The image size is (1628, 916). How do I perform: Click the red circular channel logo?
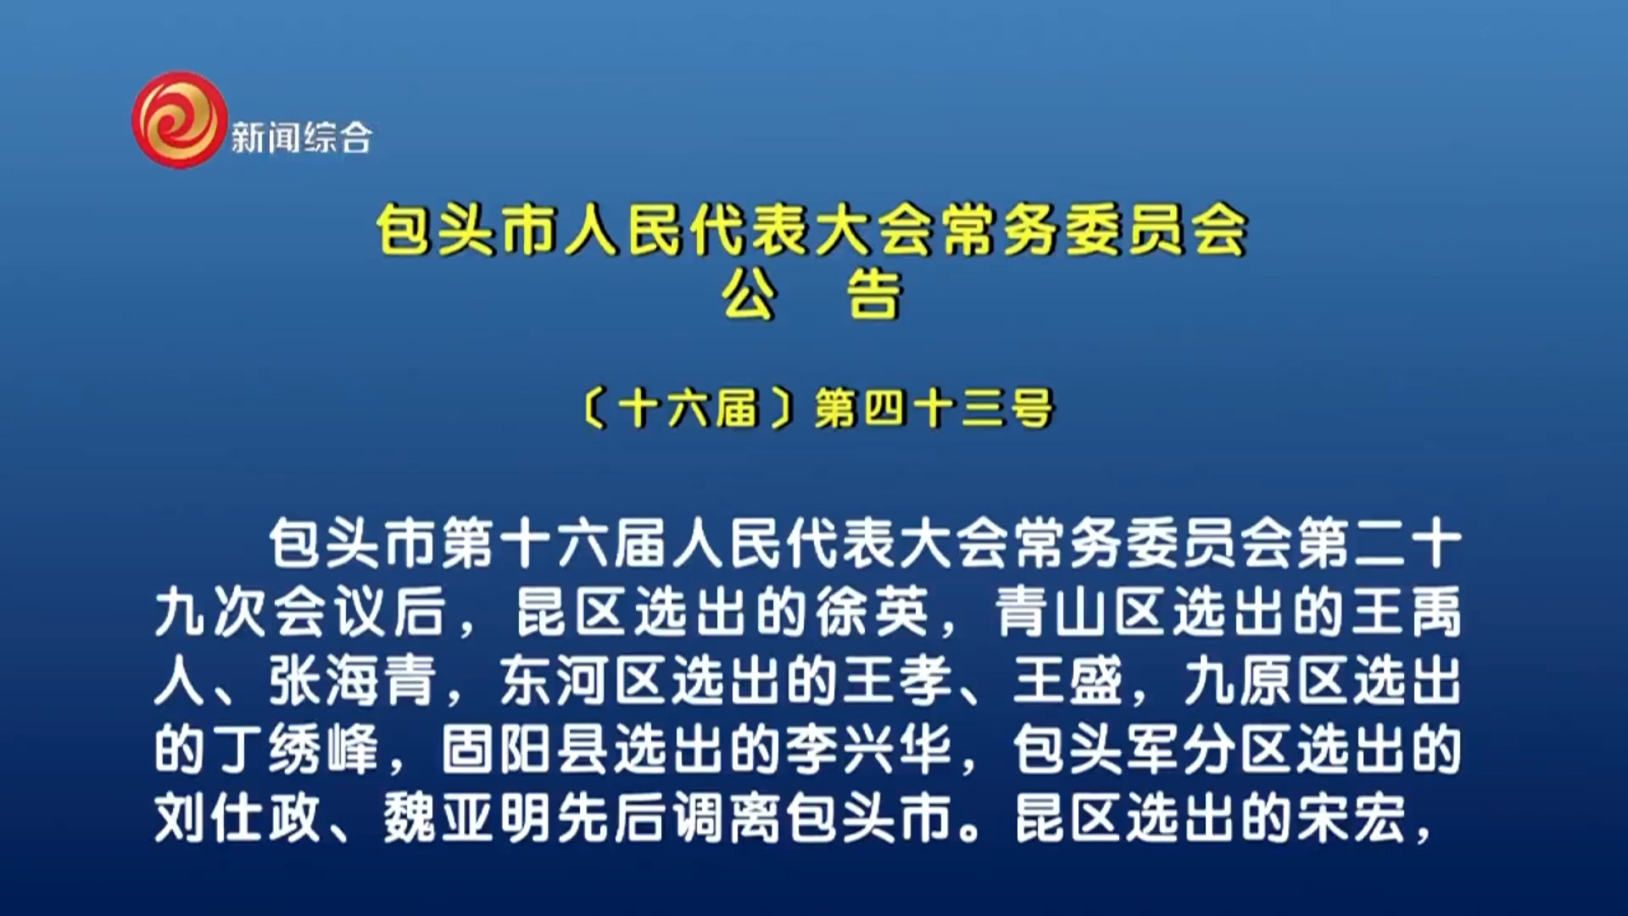pos(180,120)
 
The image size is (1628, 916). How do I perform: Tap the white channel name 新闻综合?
pos(301,137)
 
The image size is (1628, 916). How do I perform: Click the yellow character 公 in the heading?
pos(750,295)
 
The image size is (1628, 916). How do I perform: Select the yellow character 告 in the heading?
pos(875,295)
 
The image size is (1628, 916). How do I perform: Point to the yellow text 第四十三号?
pos(934,409)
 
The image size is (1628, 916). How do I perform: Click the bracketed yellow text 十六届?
pos(688,409)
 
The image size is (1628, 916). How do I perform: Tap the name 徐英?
pos(873,612)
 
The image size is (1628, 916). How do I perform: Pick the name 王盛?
pos(1068,680)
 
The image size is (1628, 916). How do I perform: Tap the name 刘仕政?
pos(238,818)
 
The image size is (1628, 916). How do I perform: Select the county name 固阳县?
pos(525,749)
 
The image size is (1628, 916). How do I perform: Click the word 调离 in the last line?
pos(728,818)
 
